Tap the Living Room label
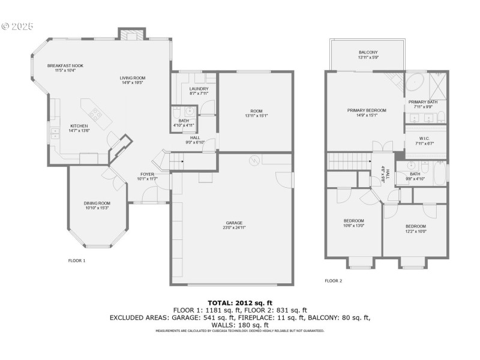click(x=133, y=78)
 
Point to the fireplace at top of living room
click(x=131, y=35)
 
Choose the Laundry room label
click(x=199, y=89)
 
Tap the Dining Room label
click(x=97, y=203)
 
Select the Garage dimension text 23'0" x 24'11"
click(x=234, y=228)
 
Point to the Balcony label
click(x=368, y=52)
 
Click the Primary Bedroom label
click(x=367, y=110)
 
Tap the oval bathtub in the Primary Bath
click(x=416, y=82)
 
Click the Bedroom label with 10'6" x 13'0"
click(x=353, y=220)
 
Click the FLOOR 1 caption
click(x=77, y=260)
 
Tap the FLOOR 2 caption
click(x=333, y=280)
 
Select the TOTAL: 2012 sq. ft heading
click(x=240, y=302)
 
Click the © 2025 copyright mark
click(x=17, y=26)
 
